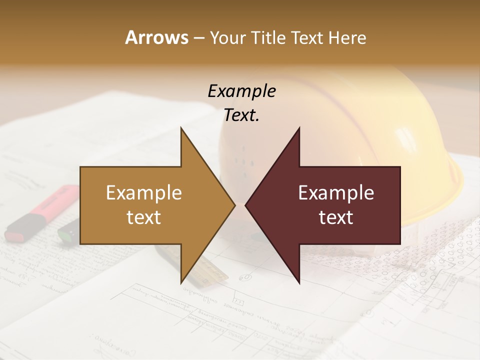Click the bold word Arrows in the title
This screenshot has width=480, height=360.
tap(156, 37)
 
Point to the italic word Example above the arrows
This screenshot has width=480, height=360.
tap(241, 91)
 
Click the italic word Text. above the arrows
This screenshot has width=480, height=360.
tap(241, 115)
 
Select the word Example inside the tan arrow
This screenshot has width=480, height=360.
tap(144, 193)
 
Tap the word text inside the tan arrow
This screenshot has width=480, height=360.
tap(144, 217)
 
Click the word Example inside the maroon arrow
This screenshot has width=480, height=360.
tap(336, 193)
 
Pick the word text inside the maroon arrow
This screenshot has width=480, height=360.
tap(336, 217)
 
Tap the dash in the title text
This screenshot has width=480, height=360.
tap(198, 38)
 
